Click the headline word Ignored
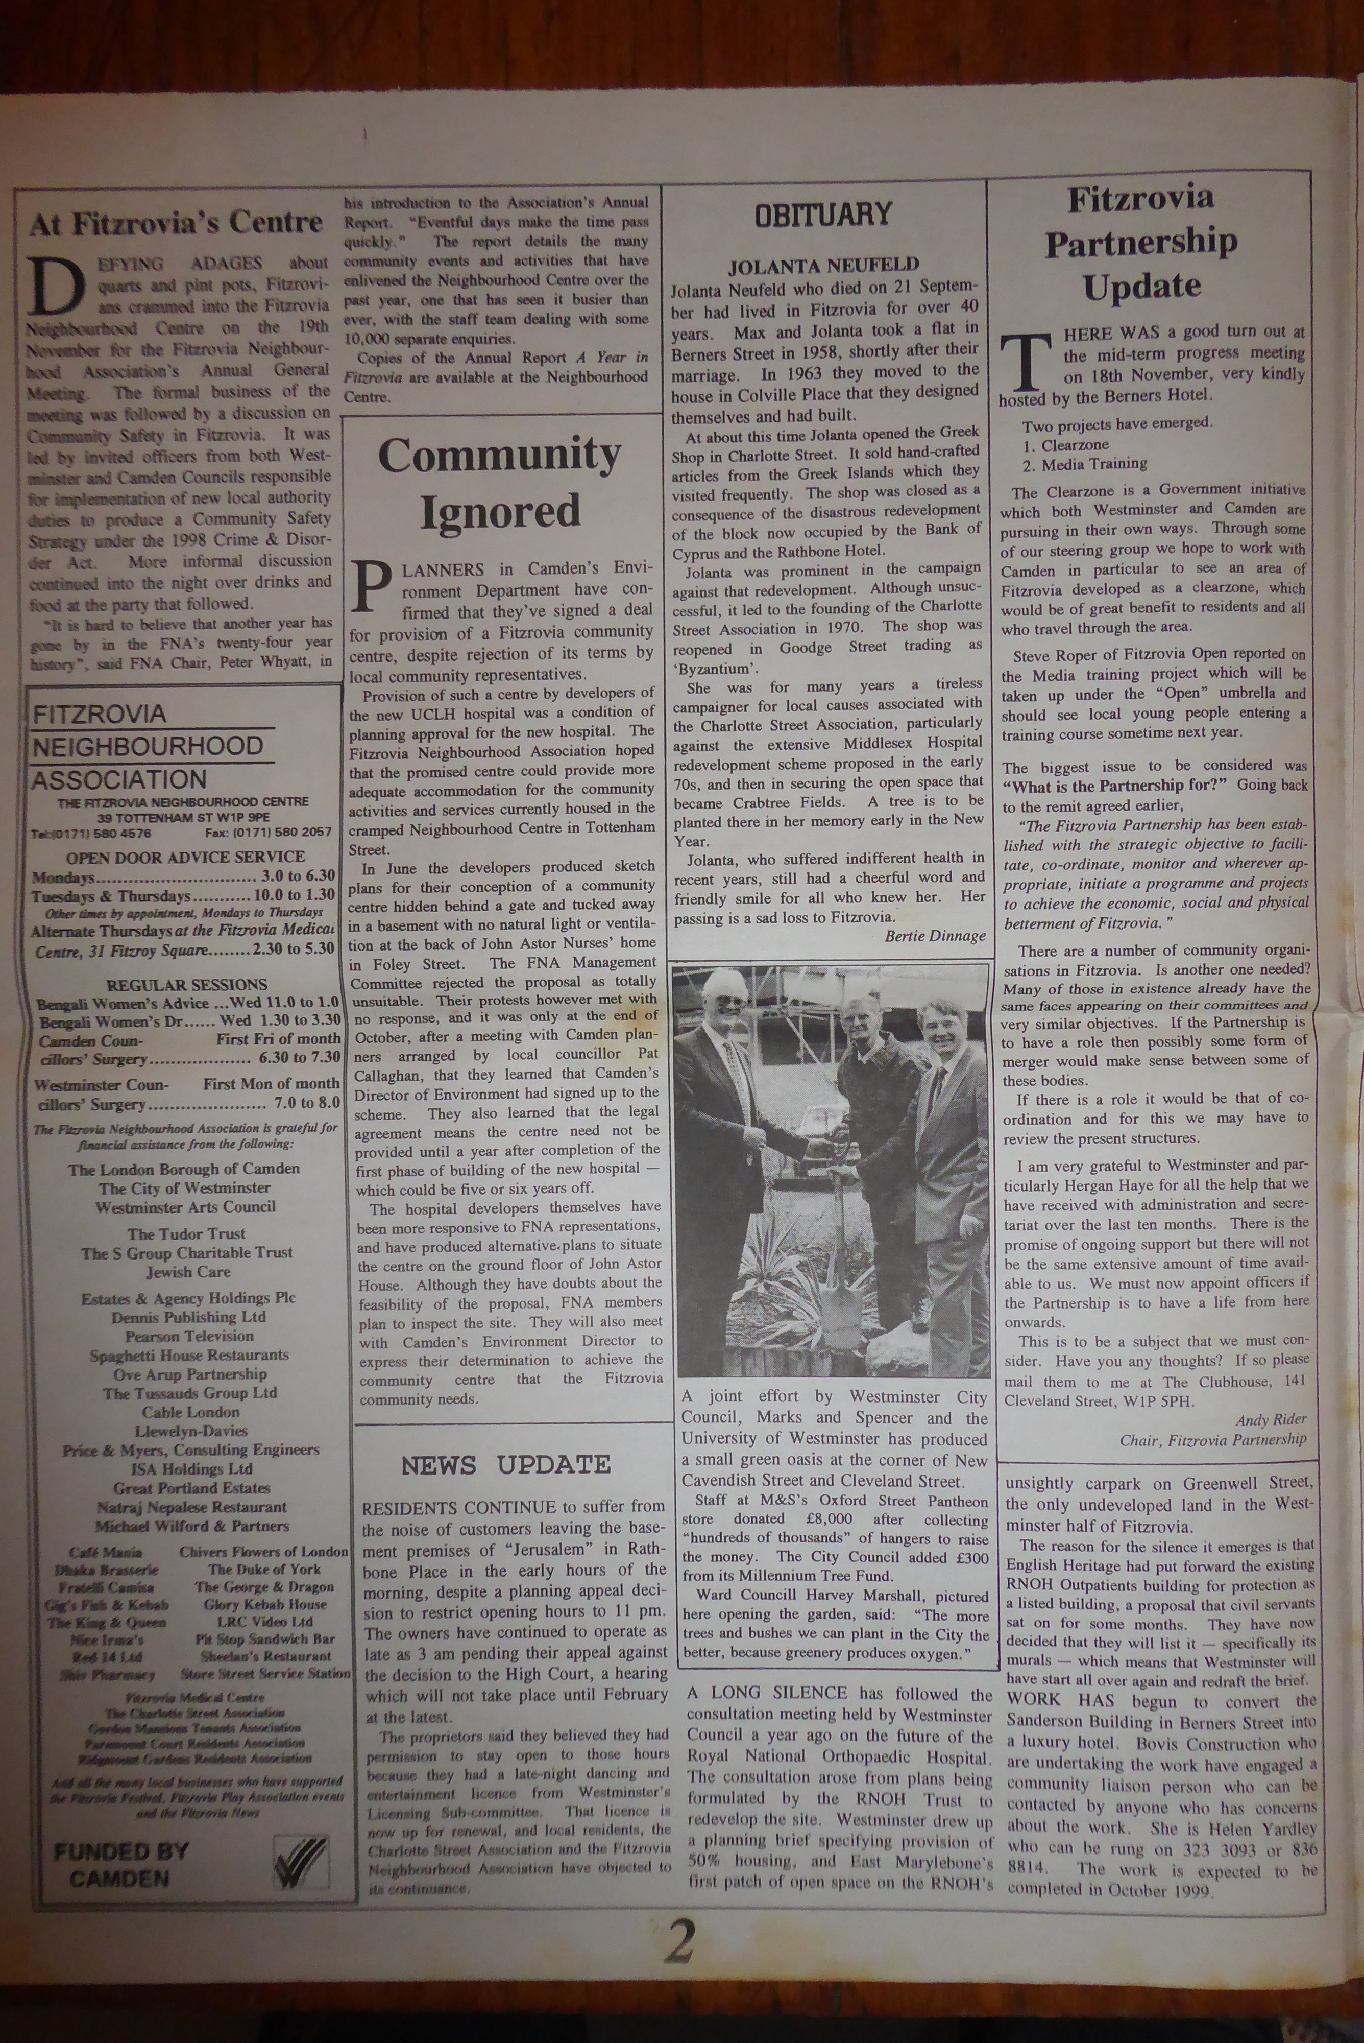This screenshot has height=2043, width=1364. [500, 511]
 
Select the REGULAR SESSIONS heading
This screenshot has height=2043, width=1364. [187, 984]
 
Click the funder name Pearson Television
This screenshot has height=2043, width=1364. [189, 1336]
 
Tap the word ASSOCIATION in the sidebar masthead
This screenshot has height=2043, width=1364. [119, 779]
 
